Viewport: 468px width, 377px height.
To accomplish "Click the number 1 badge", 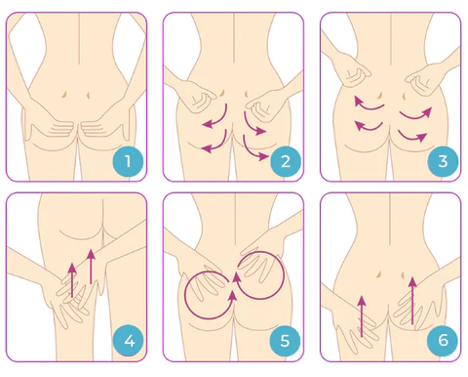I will tap(127, 160).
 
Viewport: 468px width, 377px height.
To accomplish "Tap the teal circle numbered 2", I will tap(285, 160).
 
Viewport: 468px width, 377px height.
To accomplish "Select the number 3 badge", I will tap(441, 160).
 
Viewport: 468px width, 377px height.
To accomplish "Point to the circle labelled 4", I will tap(127, 341).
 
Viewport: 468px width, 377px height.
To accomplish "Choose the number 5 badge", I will tap(285, 341).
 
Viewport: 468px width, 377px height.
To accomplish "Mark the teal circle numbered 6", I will tap(441, 341).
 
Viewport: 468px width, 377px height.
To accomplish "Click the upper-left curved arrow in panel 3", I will tap(365, 102).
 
